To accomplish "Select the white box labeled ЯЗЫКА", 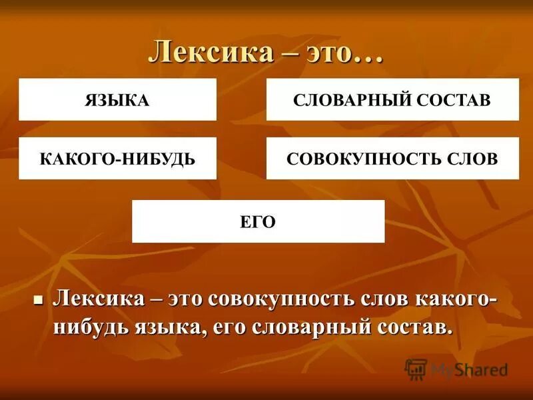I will (117, 100).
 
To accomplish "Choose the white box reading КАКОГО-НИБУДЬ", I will (117, 159).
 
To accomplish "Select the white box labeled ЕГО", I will (258, 221).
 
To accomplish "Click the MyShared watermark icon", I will (415, 369).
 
